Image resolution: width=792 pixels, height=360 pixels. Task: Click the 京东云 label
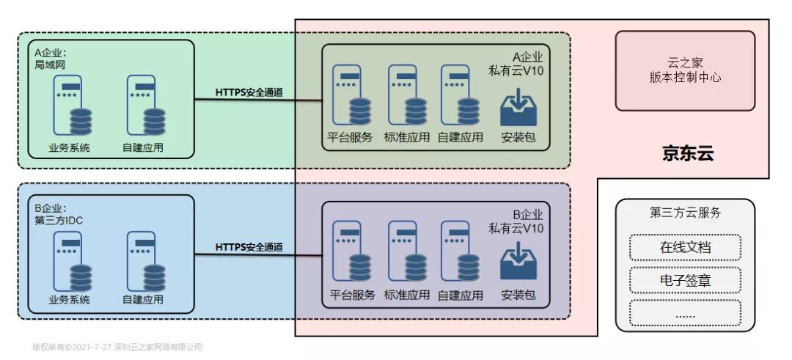tap(688, 153)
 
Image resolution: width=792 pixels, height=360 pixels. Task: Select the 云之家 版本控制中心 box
tap(685, 70)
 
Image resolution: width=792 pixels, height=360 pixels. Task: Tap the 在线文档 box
tap(685, 247)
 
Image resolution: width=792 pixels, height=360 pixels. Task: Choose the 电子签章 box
tap(685, 280)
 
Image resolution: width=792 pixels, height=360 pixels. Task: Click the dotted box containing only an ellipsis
tap(685, 313)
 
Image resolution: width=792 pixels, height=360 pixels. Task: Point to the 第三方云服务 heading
tap(685, 213)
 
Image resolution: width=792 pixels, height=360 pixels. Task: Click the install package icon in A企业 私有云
tap(518, 108)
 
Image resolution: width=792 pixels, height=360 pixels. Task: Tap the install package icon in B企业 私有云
tap(518, 262)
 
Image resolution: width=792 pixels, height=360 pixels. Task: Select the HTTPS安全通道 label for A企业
tap(249, 93)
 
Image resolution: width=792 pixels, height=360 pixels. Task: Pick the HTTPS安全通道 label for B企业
tap(249, 247)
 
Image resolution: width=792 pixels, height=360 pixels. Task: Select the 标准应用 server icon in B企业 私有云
tap(407, 251)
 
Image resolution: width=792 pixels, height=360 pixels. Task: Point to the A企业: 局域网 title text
tap(50, 59)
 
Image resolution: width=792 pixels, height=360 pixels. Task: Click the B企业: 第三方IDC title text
tap(58, 214)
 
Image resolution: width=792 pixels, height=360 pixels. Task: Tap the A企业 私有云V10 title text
tap(516, 64)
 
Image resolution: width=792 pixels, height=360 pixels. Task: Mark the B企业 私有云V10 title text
tap(516, 221)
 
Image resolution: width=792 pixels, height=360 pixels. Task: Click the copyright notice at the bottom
tap(117, 347)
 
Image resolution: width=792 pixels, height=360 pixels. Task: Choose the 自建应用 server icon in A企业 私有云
tap(460, 95)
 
